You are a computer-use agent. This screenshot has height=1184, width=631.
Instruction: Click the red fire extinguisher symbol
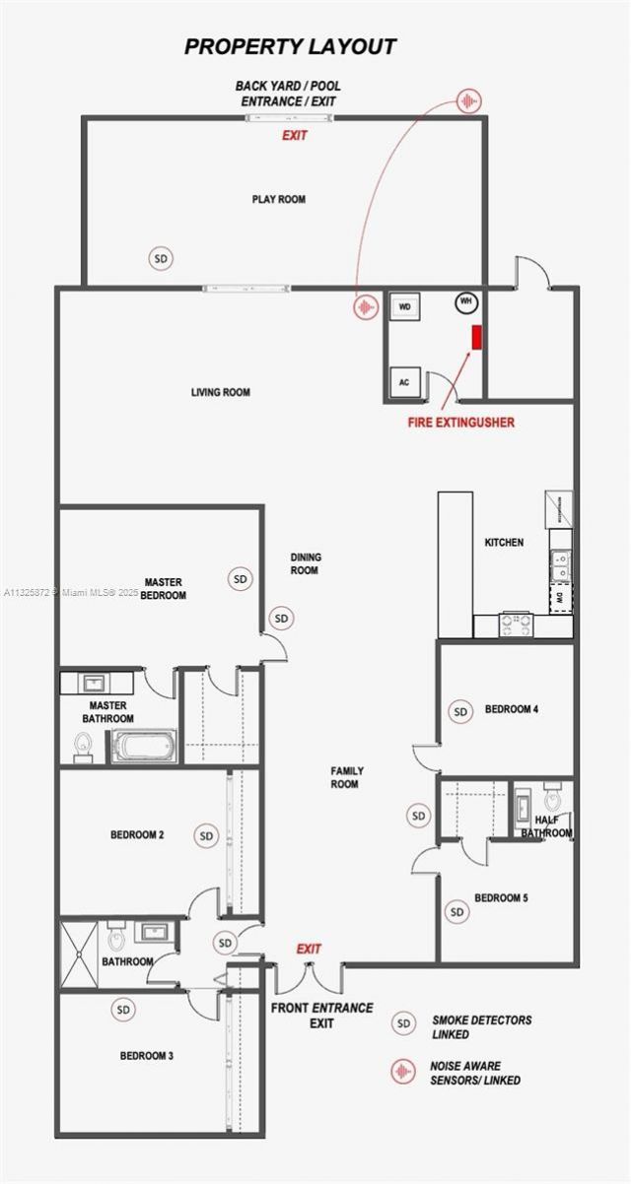pos(477,337)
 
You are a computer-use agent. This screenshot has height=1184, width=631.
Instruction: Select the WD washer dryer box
pos(404,307)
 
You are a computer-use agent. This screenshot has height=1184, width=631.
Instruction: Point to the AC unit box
pos(404,381)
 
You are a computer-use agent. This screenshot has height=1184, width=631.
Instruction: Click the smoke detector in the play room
pos(162,258)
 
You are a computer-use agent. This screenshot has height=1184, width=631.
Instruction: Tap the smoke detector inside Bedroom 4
pos(459,710)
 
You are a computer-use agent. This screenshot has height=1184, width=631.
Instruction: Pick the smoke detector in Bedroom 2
pos(206,836)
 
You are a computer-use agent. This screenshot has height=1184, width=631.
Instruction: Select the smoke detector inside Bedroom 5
pos(456,912)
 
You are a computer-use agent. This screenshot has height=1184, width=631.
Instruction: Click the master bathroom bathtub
pos(144,746)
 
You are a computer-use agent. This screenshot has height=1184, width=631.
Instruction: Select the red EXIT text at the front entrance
pos(310,949)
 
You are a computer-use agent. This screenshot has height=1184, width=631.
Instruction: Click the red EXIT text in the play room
pos(294,136)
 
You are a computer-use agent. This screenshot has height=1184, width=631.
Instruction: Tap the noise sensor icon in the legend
pos(402,1071)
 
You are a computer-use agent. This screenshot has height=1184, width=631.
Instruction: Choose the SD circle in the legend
pos(402,1024)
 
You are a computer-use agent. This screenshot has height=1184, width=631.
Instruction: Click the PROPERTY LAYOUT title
pos(291,46)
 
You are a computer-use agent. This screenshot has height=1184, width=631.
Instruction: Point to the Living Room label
pos(221,392)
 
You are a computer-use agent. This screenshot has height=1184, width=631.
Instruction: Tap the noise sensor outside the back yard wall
pos(470,100)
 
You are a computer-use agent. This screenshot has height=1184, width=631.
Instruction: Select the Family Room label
pos(345,777)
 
